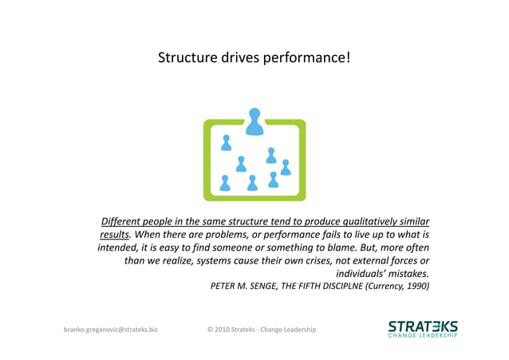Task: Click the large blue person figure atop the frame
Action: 254,121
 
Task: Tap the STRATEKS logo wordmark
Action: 422,326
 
